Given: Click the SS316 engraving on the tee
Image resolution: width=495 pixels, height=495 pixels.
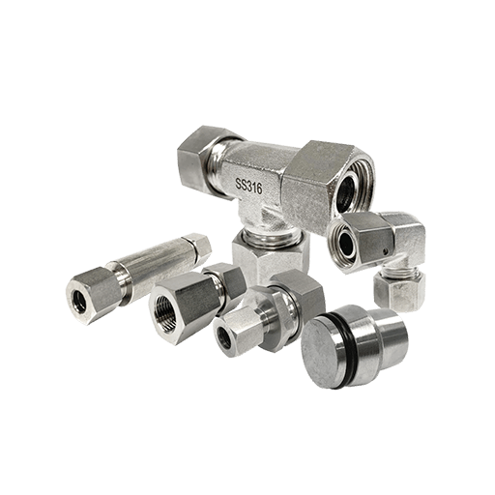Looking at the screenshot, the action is point(248,187).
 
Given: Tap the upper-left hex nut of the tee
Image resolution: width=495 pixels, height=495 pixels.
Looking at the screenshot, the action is point(195,160).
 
